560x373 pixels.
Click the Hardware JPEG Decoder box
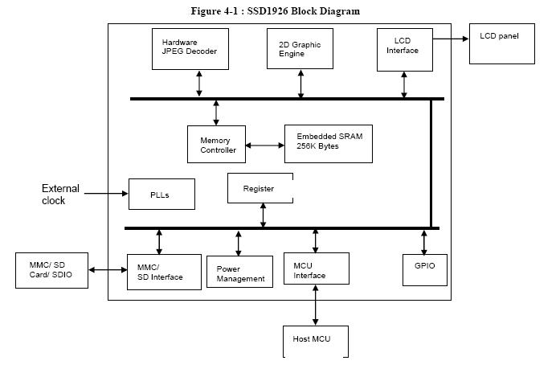[190, 48]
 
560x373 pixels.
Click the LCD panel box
[501, 44]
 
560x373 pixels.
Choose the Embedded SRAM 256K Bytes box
[328, 143]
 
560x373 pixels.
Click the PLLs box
[161, 194]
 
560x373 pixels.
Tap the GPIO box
[424, 269]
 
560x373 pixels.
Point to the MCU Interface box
[316, 268]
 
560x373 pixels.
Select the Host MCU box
[315, 340]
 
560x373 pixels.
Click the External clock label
[60, 195]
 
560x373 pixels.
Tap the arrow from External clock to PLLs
[104, 194]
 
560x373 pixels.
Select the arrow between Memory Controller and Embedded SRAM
[264, 146]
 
